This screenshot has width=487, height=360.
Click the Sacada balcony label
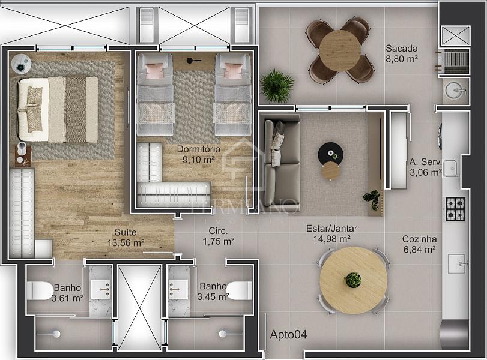(x=402, y=49)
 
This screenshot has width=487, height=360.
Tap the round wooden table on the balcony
(x=340, y=50)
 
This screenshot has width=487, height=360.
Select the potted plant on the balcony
(x=277, y=86)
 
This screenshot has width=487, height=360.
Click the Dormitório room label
(x=199, y=149)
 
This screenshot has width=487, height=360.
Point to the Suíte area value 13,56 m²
(x=126, y=242)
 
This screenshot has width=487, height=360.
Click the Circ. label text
(x=218, y=231)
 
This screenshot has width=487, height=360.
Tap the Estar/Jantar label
(x=331, y=229)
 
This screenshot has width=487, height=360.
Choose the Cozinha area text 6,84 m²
(x=419, y=249)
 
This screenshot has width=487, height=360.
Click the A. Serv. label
(x=425, y=161)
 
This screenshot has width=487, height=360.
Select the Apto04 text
(x=288, y=335)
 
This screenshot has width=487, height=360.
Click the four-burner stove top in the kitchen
(x=456, y=209)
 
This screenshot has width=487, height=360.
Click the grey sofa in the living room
(x=282, y=163)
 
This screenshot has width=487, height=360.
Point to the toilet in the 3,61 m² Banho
(x=40, y=291)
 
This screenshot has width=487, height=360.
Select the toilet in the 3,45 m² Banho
(x=239, y=290)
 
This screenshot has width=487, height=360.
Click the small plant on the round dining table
(x=354, y=280)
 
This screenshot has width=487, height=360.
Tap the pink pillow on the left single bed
(x=154, y=71)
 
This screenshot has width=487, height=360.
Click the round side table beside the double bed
(x=21, y=64)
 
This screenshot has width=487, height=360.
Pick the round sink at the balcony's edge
(x=456, y=91)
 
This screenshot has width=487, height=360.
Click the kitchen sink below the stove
(x=456, y=264)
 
